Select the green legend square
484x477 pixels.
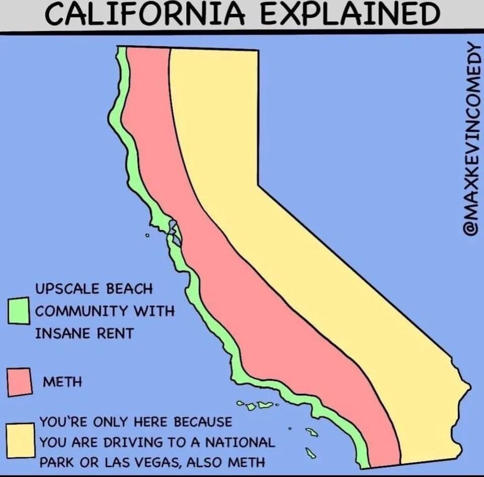(x=19, y=310)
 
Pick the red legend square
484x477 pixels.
(x=20, y=382)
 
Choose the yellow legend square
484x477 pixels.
(x=20, y=441)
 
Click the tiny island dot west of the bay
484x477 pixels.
(x=147, y=235)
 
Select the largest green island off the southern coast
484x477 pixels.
(x=265, y=404)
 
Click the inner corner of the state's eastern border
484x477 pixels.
(x=259, y=186)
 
